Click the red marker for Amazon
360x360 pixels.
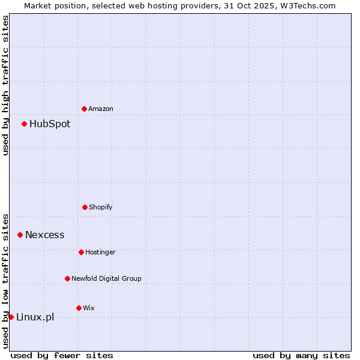(84, 109)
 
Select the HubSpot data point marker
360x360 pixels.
(24, 124)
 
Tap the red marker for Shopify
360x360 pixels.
(85, 207)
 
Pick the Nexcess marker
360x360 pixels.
(20, 235)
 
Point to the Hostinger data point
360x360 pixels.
(81, 252)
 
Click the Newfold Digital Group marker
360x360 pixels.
(67, 278)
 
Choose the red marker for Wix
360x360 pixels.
(79, 308)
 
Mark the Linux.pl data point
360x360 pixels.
(11, 317)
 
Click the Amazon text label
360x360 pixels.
(101, 109)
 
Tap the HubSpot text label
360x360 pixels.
(50, 124)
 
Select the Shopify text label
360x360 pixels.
(101, 207)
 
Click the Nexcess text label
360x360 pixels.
(45, 235)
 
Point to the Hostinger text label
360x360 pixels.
(100, 252)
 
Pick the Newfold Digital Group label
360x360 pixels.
(106, 278)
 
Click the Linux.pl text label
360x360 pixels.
(35, 317)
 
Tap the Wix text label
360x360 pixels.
(89, 308)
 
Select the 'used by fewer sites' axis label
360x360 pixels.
(62, 355)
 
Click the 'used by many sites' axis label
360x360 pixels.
(301, 355)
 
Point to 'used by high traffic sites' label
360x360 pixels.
(5, 85)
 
